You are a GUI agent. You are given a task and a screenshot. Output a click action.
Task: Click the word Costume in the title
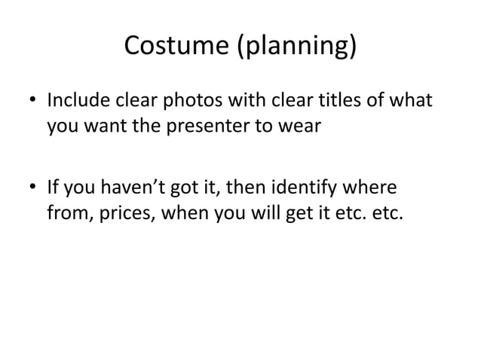pos(175,47)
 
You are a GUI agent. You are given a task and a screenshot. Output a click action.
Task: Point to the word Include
pos(79,99)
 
